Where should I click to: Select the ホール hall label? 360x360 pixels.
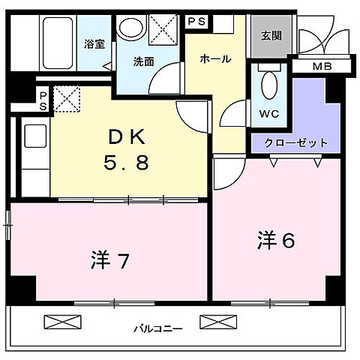click(x=215, y=58)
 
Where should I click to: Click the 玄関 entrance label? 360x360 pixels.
click(x=272, y=35)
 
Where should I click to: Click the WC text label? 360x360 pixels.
click(x=268, y=114)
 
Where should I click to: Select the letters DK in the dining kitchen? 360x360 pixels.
click(x=128, y=137)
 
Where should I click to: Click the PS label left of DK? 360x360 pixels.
click(x=43, y=100)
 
